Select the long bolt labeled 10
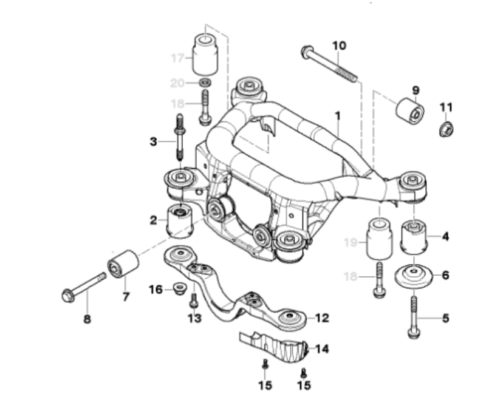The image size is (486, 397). [329, 64]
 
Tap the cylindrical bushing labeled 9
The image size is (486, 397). [409, 111]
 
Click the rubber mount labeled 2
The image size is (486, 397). [179, 222]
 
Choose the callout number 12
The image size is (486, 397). [322, 317]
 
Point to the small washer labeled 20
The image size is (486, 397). [205, 83]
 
